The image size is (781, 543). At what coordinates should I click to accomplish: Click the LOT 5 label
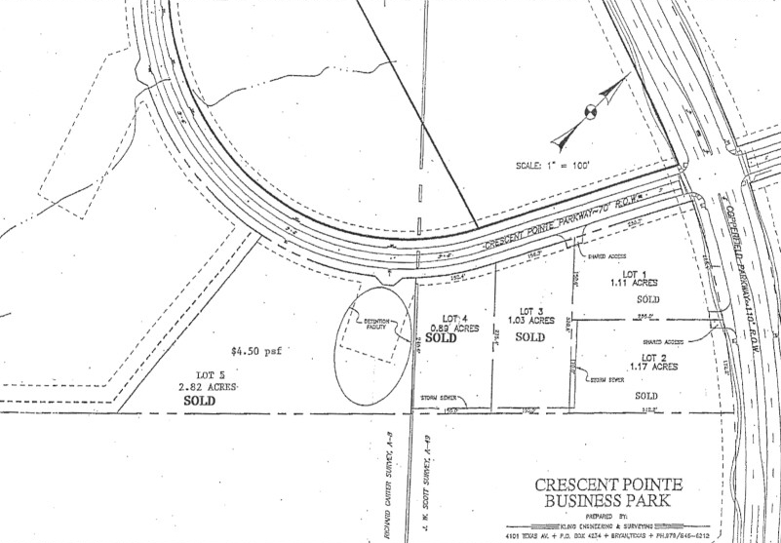202,375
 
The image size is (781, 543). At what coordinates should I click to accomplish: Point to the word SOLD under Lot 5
199,400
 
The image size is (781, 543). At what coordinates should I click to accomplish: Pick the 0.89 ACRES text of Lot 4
455,330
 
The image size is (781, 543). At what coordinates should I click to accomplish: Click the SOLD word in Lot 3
529,337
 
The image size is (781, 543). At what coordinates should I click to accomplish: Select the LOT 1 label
635,274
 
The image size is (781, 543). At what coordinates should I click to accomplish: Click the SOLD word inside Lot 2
646,396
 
